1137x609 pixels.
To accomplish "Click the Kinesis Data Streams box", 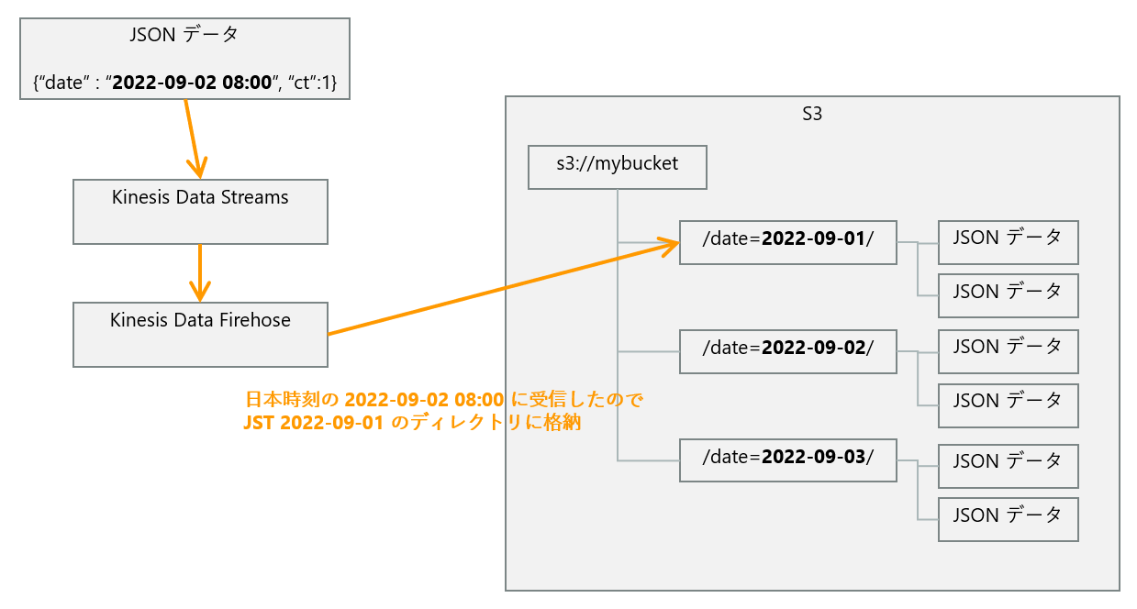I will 200,212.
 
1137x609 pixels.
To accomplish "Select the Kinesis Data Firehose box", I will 200,335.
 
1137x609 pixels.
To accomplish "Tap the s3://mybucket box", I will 618,167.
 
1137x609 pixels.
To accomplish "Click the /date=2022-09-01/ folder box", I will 787,242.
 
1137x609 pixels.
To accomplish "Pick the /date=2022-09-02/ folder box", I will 787,350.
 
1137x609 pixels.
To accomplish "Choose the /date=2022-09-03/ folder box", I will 787,460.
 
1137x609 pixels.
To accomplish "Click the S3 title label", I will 812,115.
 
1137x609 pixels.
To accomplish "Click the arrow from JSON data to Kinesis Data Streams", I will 192,138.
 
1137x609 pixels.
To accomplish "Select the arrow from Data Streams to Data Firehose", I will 200,272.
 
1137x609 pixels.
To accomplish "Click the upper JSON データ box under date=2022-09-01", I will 1008,242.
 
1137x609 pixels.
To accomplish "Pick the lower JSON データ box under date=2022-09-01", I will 1008,295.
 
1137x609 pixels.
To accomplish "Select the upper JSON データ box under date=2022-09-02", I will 1008,350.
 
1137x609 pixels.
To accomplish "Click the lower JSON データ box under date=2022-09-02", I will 1008,404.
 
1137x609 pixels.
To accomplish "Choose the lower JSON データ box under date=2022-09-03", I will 1008,519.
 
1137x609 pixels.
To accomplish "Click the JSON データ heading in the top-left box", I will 184,35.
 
